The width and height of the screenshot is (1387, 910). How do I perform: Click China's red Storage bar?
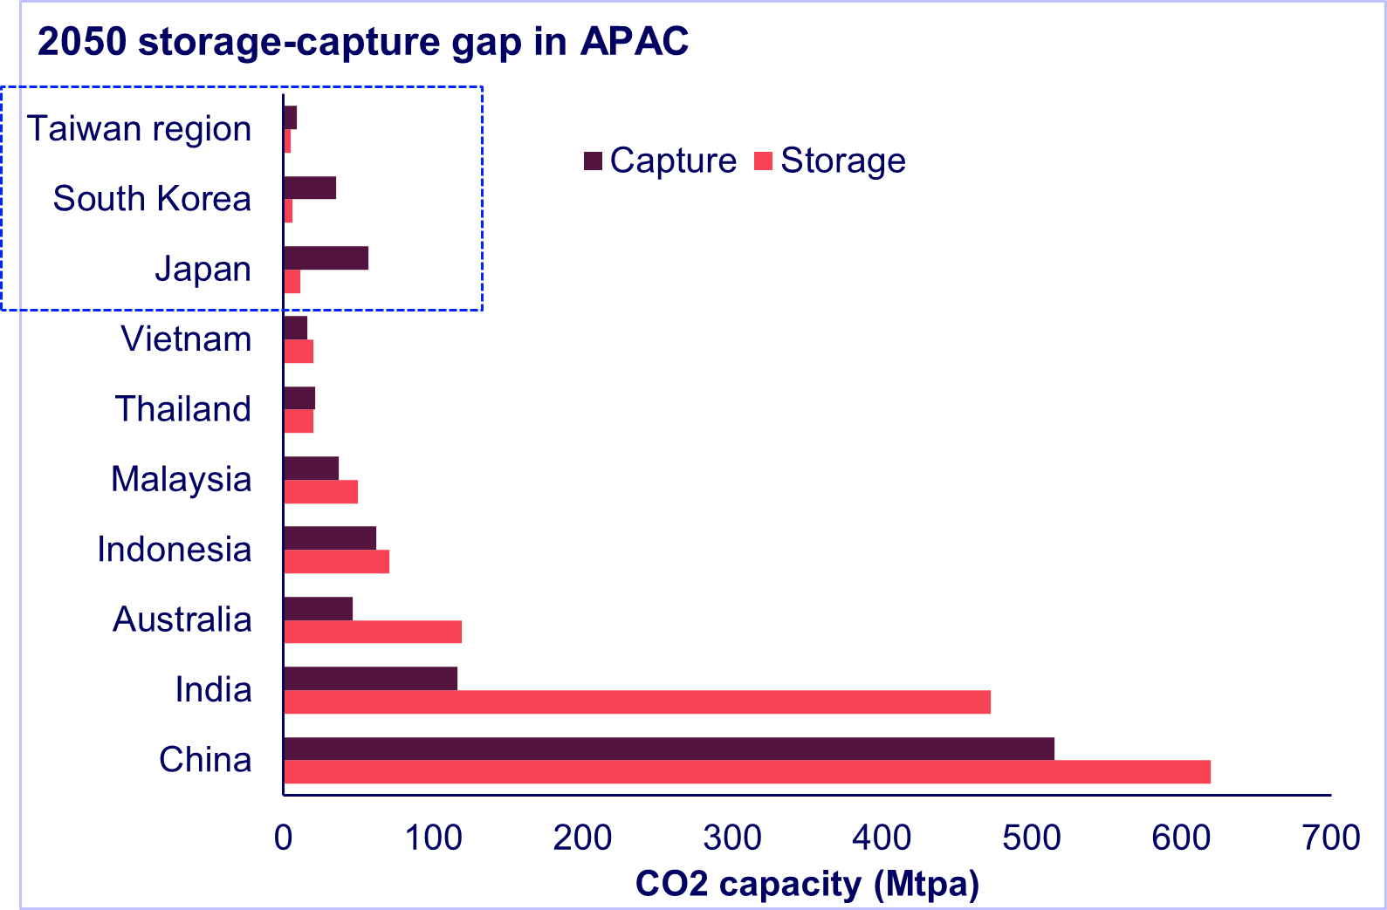point(746,772)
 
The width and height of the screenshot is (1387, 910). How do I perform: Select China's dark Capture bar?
point(669,749)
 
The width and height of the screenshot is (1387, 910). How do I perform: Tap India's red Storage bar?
point(636,702)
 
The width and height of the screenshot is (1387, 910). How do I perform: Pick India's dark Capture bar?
point(370,679)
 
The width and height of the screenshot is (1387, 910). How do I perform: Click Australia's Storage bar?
point(373,632)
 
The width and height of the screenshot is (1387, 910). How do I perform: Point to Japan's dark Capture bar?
point(326,258)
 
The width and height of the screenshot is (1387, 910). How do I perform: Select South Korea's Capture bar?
point(310,188)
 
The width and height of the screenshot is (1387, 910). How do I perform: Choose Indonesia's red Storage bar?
point(336,562)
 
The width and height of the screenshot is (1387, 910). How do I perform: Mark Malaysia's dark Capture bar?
point(311,469)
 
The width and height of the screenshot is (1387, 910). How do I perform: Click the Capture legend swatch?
point(594,161)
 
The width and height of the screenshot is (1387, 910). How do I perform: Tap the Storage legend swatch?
point(765,161)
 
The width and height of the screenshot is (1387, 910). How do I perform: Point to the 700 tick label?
point(1330,838)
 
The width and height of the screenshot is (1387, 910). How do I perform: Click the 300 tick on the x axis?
point(731,838)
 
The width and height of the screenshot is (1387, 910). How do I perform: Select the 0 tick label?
point(283,838)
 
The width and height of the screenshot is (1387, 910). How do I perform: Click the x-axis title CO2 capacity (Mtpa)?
point(807,885)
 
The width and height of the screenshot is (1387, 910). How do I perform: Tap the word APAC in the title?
point(634,42)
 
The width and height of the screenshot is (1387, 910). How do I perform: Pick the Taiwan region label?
point(140,129)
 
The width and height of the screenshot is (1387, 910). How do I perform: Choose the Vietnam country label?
point(186,339)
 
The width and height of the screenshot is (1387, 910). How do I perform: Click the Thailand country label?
point(183,409)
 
